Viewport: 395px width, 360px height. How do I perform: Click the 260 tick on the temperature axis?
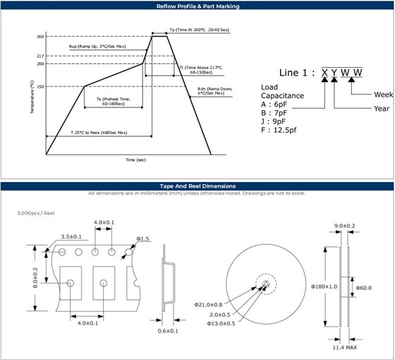pyautogui.click(x=39, y=36)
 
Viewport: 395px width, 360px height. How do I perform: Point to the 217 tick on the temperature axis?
pyautogui.click(x=39, y=56)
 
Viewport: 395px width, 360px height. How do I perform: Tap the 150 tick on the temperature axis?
pyautogui.click(x=39, y=87)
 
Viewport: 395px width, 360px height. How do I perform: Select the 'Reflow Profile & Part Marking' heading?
pyautogui.click(x=197, y=6)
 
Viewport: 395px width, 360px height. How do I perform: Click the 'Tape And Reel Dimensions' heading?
pyautogui.click(x=197, y=186)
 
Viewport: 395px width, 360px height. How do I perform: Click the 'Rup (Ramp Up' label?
pyautogui.click(x=97, y=47)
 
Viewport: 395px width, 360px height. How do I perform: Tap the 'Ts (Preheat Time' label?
pyautogui.click(x=114, y=100)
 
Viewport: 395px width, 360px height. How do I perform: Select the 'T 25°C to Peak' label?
pyautogui.click(x=99, y=133)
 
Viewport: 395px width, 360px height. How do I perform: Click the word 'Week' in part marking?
pyautogui.click(x=383, y=94)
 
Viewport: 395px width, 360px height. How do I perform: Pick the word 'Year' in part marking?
pyautogui.click(x=382, y=108)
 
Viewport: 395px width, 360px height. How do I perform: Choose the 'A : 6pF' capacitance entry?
pyautogui.click(x=274, y=104)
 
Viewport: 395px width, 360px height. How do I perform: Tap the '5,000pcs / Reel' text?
pyautogui.click(x=36, y=212)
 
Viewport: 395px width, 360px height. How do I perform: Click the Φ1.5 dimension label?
pyautogui.click(x=142, y=239)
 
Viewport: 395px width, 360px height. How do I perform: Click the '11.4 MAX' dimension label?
pyautogui.click(x=345, y=348)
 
